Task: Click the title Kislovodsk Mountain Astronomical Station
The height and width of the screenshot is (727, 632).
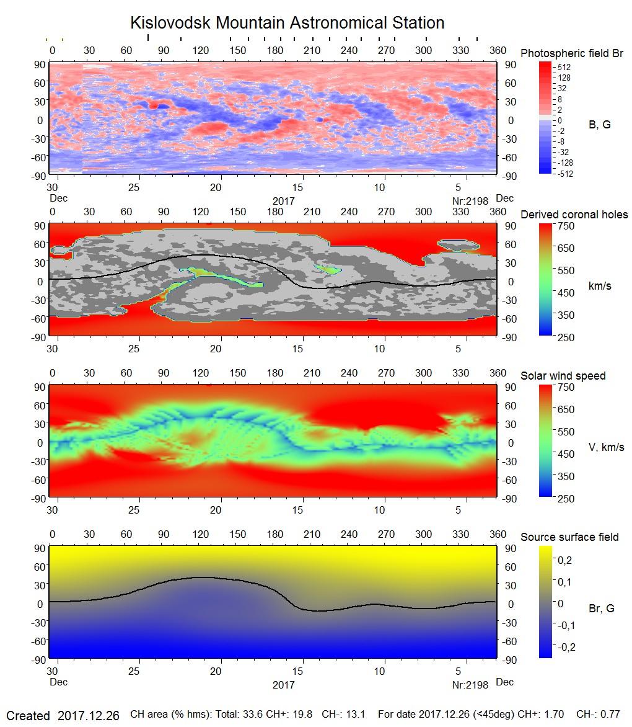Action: point(287,23)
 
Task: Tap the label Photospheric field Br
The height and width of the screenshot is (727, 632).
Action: point(572,53)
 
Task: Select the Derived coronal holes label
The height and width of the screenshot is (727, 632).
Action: point(574,215)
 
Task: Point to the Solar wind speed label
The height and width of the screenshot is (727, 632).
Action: point(563,376)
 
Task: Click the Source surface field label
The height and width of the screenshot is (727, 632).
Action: point(569,537)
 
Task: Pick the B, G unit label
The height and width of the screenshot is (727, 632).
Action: point(599,125)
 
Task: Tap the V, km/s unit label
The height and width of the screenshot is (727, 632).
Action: point(605,447)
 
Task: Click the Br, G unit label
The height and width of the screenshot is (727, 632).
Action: point(601,609)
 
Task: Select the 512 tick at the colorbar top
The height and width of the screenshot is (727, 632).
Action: point(564,67)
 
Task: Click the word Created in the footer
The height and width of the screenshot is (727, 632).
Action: point(28,716)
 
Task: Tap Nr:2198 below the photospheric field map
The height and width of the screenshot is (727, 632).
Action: point(470,201)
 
